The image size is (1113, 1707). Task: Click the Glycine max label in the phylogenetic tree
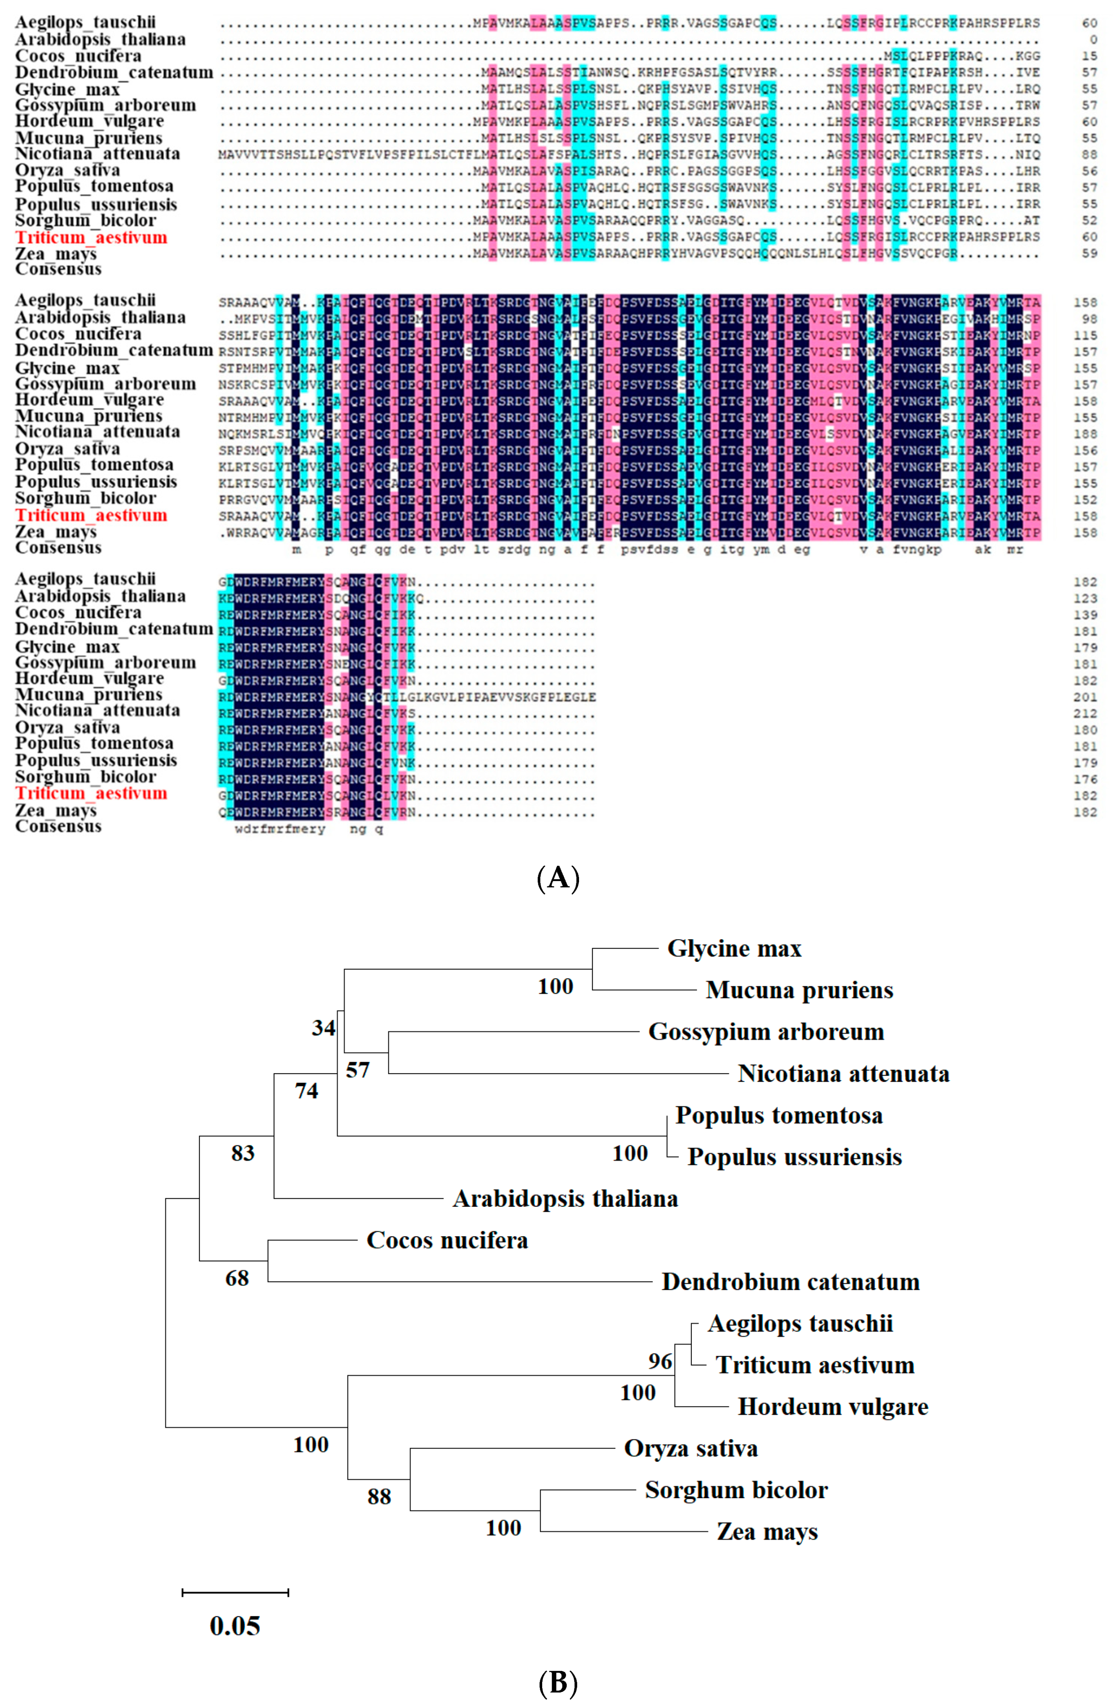(734, 949)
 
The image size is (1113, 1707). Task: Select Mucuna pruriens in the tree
(799, 990)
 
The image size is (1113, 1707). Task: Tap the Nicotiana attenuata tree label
(843, 1074)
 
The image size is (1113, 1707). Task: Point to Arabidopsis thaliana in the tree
(565, 1198)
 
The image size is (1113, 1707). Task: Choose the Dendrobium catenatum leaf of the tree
(790, 1282)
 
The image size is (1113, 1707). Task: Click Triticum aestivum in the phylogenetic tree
(814, 1365)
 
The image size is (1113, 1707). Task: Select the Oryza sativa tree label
(691, 1448)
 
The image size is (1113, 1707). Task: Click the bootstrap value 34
(324, 1028)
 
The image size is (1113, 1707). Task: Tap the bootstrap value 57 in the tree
(358, 1070)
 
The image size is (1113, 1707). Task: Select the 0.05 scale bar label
(235, 1626)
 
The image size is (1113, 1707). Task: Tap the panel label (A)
(557, 878)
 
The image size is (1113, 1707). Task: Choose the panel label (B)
(557, 1682)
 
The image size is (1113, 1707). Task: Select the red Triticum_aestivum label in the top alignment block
(91, 237)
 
